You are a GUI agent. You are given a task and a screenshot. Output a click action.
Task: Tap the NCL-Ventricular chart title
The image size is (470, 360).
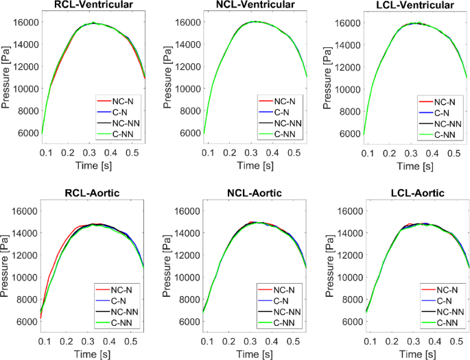(x=256, y=6)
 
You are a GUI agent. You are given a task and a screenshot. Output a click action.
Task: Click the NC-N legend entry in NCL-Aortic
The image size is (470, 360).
(x=279, y=289)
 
